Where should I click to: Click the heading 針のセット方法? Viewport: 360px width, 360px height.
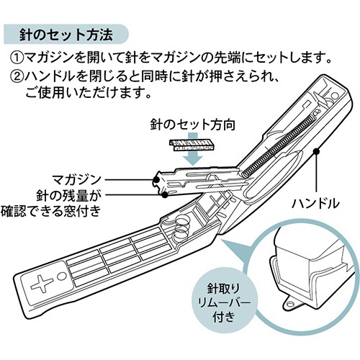point(66,35)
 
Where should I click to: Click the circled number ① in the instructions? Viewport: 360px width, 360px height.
point(17,58)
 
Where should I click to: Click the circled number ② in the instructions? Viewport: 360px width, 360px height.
point(17,76)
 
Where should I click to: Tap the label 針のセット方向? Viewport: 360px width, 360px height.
point(193,125)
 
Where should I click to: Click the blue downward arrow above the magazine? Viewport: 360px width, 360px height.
point(193,153)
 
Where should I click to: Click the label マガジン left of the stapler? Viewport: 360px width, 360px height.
point(77,179)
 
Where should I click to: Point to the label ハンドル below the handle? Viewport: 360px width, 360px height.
point(315,204)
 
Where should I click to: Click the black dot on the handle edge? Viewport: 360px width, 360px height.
point(317,151)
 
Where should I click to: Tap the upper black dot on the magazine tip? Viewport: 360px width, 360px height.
point(156,179)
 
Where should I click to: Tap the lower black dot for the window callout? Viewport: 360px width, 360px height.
point(165,194)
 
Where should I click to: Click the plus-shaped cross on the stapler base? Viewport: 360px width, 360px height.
point(42,282)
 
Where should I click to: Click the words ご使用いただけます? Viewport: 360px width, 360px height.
point(88,92)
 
